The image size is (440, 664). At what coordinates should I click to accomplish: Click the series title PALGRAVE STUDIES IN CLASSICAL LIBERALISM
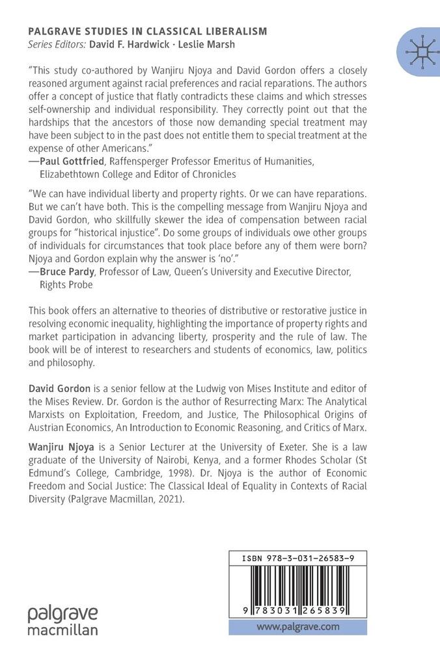147,31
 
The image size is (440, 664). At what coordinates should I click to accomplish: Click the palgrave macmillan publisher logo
62,620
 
